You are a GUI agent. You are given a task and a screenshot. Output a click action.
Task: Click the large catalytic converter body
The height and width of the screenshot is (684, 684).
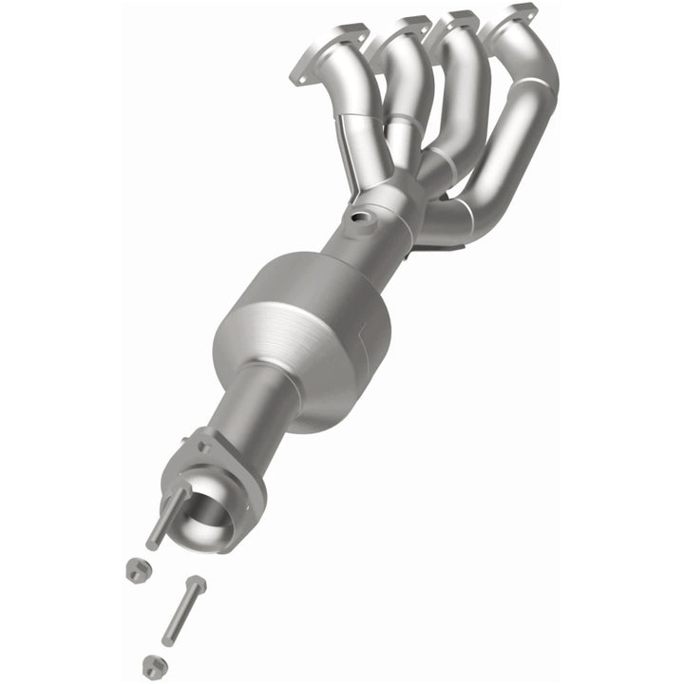[304, 332]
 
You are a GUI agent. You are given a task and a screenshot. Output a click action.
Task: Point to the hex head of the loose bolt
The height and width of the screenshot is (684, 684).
[196, 583]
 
